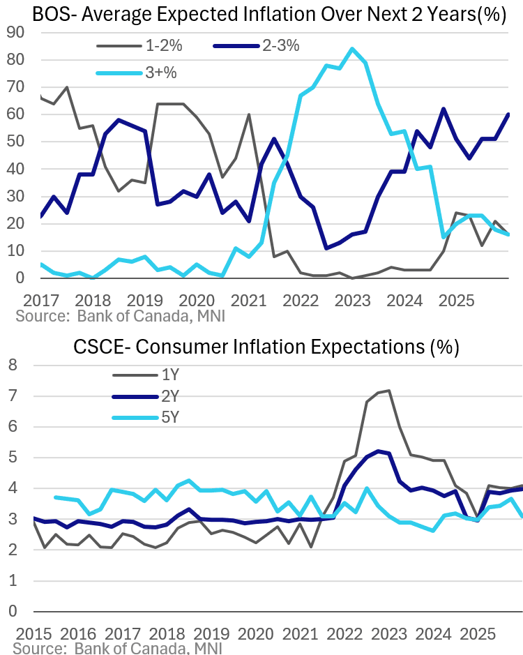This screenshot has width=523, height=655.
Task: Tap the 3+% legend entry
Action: point(157,73)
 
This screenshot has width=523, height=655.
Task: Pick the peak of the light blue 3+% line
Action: point(352,49)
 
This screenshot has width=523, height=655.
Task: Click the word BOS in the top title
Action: point(33,15)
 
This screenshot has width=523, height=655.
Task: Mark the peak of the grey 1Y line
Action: point(388,391)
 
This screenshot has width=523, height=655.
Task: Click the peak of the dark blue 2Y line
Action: point(378,451)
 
